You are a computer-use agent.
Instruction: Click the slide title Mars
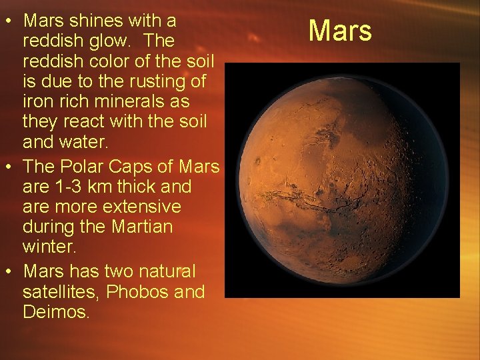341,30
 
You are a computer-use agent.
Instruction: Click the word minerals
115,103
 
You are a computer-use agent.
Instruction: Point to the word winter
51,247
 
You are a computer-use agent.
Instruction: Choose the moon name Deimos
55,312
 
